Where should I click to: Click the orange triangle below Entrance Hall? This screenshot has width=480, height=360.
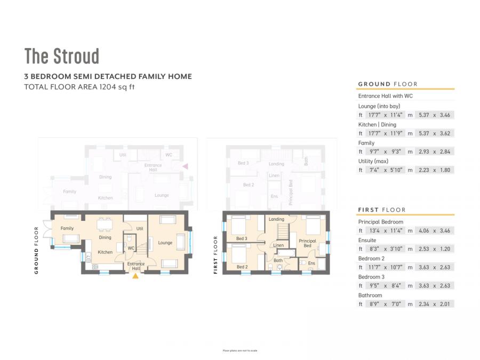pyautogui.click(x=135, y=276)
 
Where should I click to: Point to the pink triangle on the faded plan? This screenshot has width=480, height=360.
pyautogui.click(x=185, y=166)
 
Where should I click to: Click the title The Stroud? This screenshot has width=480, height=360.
pyautogui.click(x=62, y=56)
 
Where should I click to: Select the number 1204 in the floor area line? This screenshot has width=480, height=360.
pyautogui.click(x=107, y=86)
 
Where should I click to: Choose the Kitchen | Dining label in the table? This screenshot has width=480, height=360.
pyautogui.click(x=377, y=124)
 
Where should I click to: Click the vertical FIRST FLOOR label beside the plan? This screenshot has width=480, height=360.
pyautogui.click(x=215, y=255)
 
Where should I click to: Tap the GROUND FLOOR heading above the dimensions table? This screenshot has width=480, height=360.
pyautogui.click(x=388, y=84)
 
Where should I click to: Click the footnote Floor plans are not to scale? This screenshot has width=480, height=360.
pyautogui.click(x=240, y=350)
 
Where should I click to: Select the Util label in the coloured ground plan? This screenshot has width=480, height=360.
pyautogui.click(x=140, y=228)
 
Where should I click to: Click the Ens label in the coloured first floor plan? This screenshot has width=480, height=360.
pyautogui.click(x=311, y=263)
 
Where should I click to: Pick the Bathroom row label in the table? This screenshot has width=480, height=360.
pyautogui.click(x=370, y=295)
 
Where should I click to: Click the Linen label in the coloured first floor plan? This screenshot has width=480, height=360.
pyautogui.click(x=278, y=245)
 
